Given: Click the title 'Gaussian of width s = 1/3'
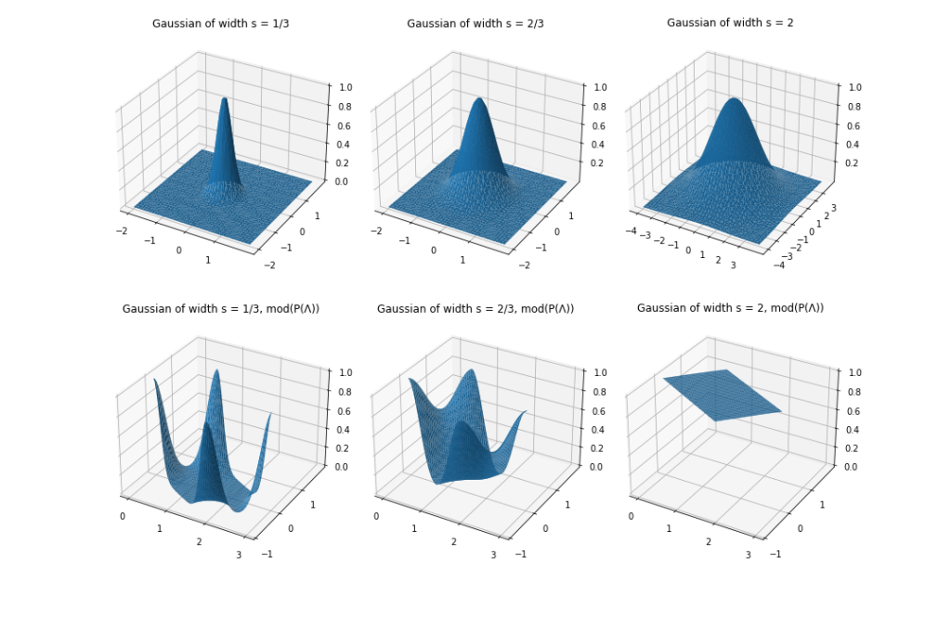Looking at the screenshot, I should tap(220, 23).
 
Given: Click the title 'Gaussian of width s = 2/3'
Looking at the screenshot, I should tap(475, 23).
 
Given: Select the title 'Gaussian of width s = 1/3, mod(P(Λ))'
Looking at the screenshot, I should tap(219, 308).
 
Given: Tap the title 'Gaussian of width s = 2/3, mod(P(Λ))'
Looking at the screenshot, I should tap(475, 308).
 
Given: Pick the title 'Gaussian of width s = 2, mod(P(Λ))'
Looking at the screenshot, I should tap(730, 308).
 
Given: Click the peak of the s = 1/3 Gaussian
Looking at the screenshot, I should tap(223, 98).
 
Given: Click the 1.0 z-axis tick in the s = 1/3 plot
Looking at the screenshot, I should tap(340, 86).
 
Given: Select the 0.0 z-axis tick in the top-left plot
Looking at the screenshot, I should tap(340, 182).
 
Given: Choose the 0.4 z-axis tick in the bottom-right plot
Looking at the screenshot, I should tap(850, 430).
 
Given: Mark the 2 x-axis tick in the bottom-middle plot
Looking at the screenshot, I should tap(454, 542).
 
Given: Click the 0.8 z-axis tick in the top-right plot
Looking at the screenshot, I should tap(850, 106).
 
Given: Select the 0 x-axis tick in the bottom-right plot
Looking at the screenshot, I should tap(632, 516).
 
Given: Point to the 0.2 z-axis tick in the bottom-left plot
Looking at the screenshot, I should tap(340, 448).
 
